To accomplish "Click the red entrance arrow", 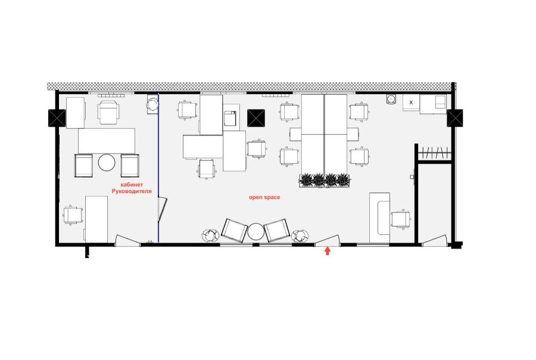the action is pyautogui.click(x=328, y=251).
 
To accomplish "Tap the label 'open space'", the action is pyautogui.click(x=264, y=197).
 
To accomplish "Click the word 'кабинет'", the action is pyautogui.click(x=132, y=185).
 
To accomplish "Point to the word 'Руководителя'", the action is pyautogui.click(x=132, y=191).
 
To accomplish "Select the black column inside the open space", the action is pyautogui.click(x=256, y=118).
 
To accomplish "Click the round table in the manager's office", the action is pyautogui.click(x=107, y=162).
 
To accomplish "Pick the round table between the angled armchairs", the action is pyautogui.click(x=256, y=232).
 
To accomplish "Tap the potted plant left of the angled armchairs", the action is pyautogui.click(x=210, y=235).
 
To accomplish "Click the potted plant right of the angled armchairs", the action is pyautogui.click(x=300, y=235).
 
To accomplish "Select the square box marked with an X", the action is pyautogui.click(x=411, y=103).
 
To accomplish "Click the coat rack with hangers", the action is pyautogui.click(x=434, y=152).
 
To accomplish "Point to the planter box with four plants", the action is pyautogui.click(x=325, y=181).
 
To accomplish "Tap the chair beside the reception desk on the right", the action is pyautogui.click(x=401, y=219).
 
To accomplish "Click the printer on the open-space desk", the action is pyautogui.click(x=230, y=118).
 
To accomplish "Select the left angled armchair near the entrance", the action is pyautogui.click(x=235, y=230).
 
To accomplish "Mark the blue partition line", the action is pyautogui.click(x=158, y=167).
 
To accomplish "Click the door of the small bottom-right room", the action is pyautogui.click(x=435, y=240).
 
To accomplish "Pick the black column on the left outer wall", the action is pyautogui.click(x=57, y=118).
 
